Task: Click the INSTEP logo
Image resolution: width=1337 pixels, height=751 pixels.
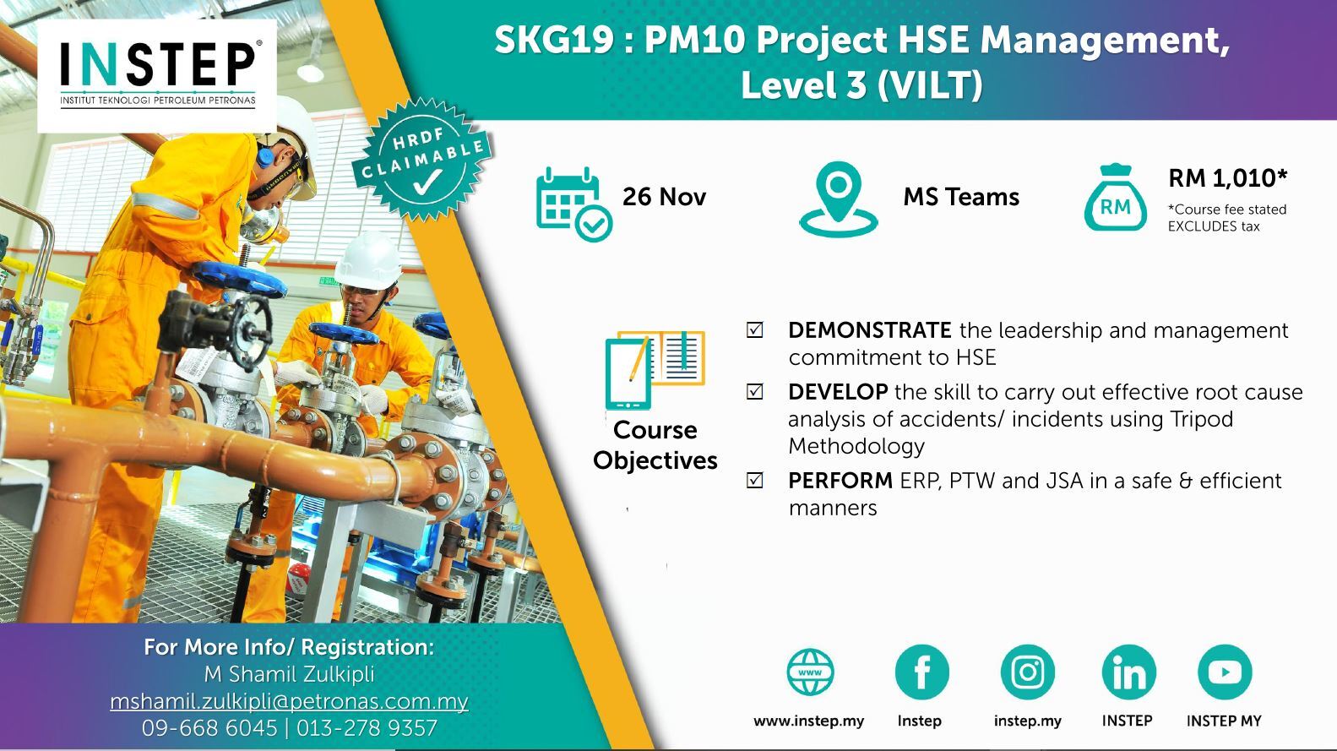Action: pyautogui.click(x=158, y=74)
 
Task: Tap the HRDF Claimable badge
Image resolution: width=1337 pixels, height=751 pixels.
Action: pyautogui.click(x=422, y=160)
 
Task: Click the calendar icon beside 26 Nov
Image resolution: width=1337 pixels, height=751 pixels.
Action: pyautogui.click(x=573, y=204)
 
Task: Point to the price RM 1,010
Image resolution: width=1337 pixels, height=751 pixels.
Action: pyautogui.click(x=1228, y=178)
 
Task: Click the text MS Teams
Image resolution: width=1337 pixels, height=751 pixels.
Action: pyautogui.click(x=961, y=197)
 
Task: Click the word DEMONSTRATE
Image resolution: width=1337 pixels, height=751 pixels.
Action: pyautogui.click(x=870, y=330)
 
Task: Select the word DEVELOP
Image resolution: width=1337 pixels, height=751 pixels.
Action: pyautogui.click(x=837, y=392)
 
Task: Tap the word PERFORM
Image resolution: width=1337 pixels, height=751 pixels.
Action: pyautogui.click(x=840, y=481)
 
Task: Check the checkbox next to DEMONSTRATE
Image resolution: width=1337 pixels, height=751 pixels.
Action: pyautogui.click(x=754, y=330)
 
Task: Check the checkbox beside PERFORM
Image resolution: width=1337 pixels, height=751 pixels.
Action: pyautogui.click(x=754, y=481)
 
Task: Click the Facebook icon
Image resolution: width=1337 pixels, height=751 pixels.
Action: pyautogui.click(x=921, y=672)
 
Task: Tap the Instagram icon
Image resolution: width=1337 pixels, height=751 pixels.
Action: pyautogui.click(x=1027, y=672)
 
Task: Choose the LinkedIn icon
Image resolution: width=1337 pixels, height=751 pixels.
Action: pyautogui.click(x=1128, y=672)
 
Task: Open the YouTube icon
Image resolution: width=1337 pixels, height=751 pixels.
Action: pyautogui.click(x=1225, y=672)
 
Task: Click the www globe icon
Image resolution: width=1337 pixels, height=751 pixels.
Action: pyautogui.click(x=810, y=672)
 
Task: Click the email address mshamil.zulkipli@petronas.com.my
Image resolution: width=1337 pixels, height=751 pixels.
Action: pyautogui.click(x=289, y=701)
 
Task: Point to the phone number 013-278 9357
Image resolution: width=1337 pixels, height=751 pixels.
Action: pyautogui.click(x=367, y=728)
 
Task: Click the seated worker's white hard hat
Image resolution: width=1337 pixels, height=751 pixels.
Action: pyautogui.click(x=368, y=263)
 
